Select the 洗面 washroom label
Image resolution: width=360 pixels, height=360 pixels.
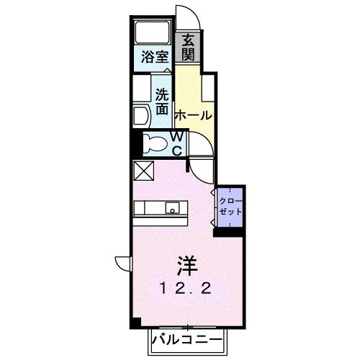(x=161, y=102)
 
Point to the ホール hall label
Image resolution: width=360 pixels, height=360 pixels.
(x=193, y=115)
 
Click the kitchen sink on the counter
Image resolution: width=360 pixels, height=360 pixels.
(x=174, y=208)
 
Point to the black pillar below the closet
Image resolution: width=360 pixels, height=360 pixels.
(x=229, y=230)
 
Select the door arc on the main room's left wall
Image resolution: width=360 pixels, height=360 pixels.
(x=120, y=264)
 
